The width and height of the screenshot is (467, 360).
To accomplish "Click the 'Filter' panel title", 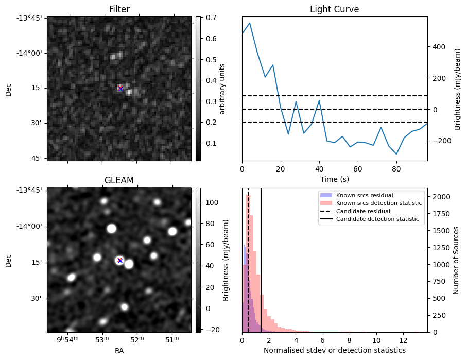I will pos(119,9).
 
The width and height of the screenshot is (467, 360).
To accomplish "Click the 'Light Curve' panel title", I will pos(334,9).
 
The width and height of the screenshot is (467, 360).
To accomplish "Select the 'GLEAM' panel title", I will pos(119,180).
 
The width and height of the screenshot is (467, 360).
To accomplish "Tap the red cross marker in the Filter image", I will pos(120,88).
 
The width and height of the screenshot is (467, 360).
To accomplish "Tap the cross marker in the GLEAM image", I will pos(120,260).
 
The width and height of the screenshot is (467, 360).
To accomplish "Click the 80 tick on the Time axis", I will pos(396,168).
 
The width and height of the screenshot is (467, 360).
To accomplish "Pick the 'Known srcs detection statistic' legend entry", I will pos(378,203).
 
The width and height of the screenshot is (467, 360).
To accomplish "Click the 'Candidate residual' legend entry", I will pos(363,211).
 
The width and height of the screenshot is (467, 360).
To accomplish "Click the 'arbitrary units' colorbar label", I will pos(222,89).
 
